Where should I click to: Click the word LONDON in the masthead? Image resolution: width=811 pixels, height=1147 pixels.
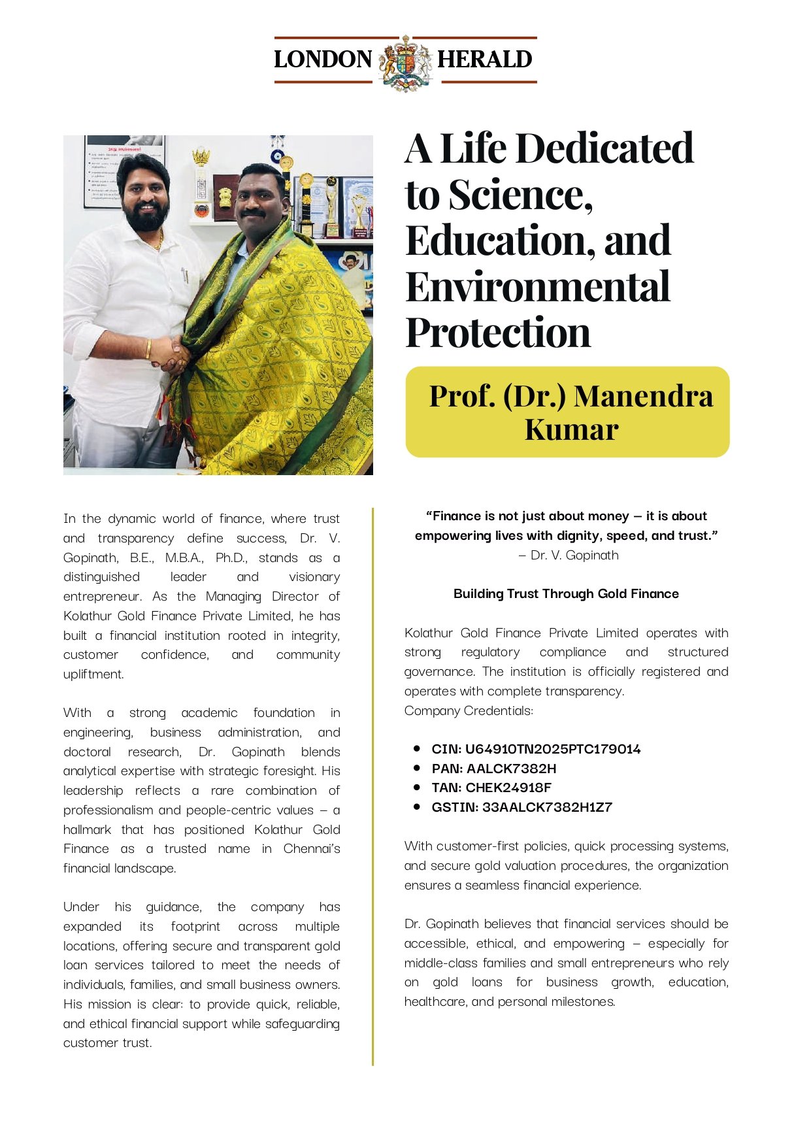click(323, 59)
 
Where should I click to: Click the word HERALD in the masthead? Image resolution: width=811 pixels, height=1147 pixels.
click(484, 59)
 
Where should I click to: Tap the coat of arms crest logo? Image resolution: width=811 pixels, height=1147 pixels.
click(405, 63)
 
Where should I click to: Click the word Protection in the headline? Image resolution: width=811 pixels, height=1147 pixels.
click(498, 333)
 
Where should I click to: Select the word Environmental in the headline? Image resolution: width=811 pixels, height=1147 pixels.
click(537, 287)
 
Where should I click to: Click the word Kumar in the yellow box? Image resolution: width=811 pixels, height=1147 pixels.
click(571, 429)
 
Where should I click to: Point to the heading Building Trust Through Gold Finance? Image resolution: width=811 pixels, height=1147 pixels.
click(566, 593)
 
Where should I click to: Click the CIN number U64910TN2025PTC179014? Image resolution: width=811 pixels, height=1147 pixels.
click(553, 749)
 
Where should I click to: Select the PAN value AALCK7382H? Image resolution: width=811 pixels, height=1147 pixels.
click(511, 769)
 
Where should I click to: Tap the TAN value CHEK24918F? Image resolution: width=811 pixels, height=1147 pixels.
click(508, 788)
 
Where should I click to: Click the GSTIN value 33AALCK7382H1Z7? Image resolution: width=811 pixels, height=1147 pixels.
click(547, 807)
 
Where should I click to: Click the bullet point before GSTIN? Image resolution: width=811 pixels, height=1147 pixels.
click(416, 806)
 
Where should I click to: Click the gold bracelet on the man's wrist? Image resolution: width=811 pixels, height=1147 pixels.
click(149, 349)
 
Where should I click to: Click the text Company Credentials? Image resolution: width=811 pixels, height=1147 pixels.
click(469, 710)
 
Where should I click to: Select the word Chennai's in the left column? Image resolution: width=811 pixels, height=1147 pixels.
click(311, 848)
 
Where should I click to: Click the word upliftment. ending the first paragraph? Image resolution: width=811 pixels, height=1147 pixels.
click(93, 674)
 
